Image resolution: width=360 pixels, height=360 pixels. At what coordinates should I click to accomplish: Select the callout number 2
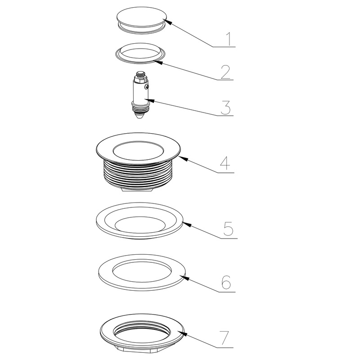[x=225, y=72]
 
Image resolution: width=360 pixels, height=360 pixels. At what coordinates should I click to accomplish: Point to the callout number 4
[x=225, y=163]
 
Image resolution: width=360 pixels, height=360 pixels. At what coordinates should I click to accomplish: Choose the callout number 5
[x=228, y=229]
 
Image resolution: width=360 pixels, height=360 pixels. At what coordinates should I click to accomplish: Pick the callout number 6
[x=226, y=282]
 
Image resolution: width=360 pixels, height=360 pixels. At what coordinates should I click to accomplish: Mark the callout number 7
[x=224, y=337]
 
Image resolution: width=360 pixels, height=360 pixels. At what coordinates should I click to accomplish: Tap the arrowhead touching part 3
[x=150, y=100]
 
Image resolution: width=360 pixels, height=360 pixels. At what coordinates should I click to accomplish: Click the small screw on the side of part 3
[x=147, y=87]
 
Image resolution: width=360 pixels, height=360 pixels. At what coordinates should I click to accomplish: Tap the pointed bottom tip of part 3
[x=138, y=117]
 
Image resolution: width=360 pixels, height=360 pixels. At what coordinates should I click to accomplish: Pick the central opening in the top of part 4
[x=139, y=151]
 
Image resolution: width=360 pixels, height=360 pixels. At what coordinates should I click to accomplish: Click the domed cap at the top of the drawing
[x=141, y=17]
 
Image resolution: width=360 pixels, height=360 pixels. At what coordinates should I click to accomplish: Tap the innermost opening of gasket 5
[x=140, y=224]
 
